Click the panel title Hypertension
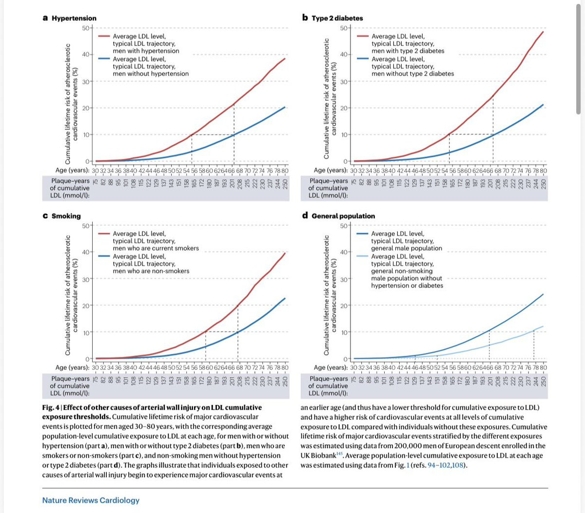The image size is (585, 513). pos(74,18)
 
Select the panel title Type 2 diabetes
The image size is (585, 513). pos(337,18)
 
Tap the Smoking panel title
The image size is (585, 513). pos(66,216)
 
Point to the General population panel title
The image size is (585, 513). pos(343,216)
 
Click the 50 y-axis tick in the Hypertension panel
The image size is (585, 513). pos(85,28)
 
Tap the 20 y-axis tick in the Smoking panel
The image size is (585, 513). pos(85,305)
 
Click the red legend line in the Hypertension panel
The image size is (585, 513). pos(104,36)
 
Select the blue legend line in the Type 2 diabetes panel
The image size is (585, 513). pos(363,58)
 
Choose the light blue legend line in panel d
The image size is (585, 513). pos(363,256)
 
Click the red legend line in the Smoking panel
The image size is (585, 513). pos(104,233)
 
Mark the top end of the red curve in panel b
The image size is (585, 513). pos(543,32)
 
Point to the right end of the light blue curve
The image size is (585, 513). pos(543,326)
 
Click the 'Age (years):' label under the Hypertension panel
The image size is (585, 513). pos(73,171)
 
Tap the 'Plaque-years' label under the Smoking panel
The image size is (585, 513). pos(70,379)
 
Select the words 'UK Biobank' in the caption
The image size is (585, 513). pos(318,456)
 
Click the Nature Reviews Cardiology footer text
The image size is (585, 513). pos(91,500)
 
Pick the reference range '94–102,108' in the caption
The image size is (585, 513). pos(446,465)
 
